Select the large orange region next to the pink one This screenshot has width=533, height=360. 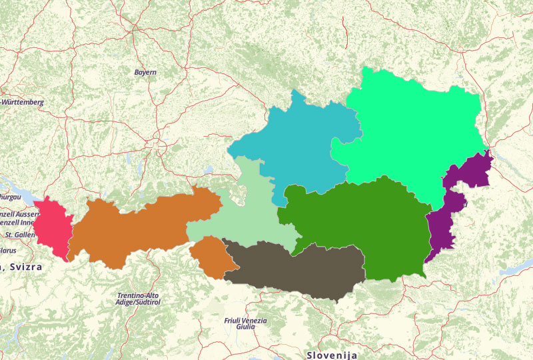tap(140, 227)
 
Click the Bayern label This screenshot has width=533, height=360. tap(145, 72)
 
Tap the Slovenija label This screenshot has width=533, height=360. tap(332, 355)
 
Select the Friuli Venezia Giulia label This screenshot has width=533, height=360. tap(245, 324)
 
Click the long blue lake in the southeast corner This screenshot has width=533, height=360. tap(516, 267)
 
